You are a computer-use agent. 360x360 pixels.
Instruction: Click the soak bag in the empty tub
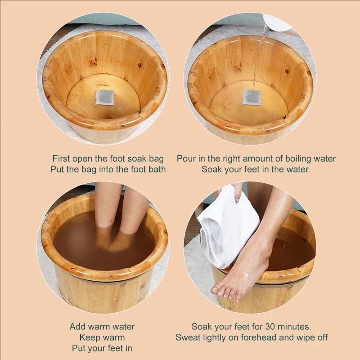(104, 97)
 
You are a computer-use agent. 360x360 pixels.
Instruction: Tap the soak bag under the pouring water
(252, 97)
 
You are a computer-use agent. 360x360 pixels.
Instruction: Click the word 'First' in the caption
(61, 158)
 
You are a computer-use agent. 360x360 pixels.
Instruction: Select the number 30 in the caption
(270, 327)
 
